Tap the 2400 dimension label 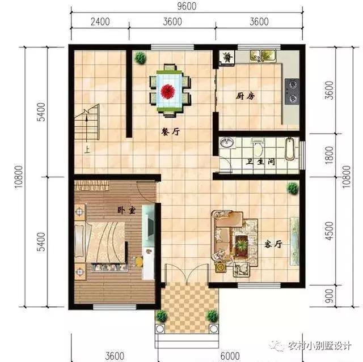pyautogui.click(x=100, y=23)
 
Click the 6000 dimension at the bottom pyautogui.click(x=230, y=356)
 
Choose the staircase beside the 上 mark pyautogui.click(x=87, y=127)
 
